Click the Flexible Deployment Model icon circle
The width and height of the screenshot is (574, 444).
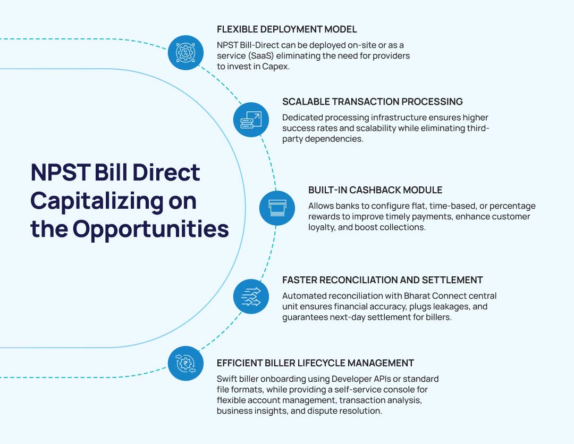(x=185, y=53)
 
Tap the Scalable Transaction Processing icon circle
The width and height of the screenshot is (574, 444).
(x=251, y=120)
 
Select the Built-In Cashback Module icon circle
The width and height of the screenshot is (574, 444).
(x=277, y=208)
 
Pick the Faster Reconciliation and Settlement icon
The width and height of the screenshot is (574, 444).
(x=251, y=297)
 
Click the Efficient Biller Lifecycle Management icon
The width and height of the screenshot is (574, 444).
(x=185, y=363)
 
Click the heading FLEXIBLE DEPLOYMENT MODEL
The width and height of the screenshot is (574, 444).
(x=286, y=29)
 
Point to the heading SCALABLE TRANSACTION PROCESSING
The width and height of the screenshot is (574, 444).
(x=372, y=102)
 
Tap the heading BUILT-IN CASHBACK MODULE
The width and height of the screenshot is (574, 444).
(x=375, y=190)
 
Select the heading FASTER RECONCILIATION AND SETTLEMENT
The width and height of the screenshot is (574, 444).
(x=383, y=280)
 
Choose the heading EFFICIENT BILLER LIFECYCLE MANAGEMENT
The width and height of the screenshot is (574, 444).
(x=315, y=363)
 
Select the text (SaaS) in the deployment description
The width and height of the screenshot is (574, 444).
(x=260, y=56)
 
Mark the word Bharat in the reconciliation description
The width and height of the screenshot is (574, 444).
(x=417, y=296)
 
